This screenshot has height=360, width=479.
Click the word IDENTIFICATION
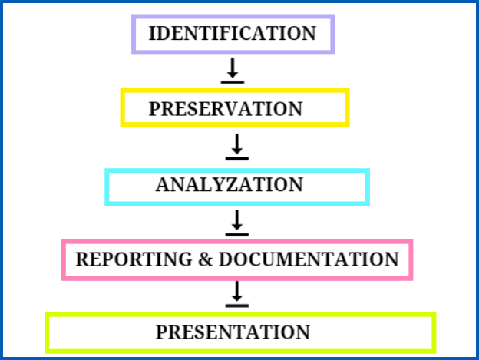click(233, 33)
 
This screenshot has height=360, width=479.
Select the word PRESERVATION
click(226, 109)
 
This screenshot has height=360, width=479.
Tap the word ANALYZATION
click(230, 184)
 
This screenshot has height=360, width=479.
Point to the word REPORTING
click(134, 259)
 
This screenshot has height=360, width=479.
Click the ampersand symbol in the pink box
click(205, 259)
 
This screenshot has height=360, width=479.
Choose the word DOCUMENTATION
click(309, 259)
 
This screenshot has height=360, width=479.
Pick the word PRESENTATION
click(233, 332)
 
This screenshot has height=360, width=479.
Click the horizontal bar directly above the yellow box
click(233, 82)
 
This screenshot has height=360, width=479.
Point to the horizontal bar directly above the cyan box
click(237, 159)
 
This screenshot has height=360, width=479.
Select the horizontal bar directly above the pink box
click(237, 235)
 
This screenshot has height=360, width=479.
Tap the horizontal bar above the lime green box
click(237, 306)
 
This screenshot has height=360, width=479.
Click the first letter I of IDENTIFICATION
click(152, 33)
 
